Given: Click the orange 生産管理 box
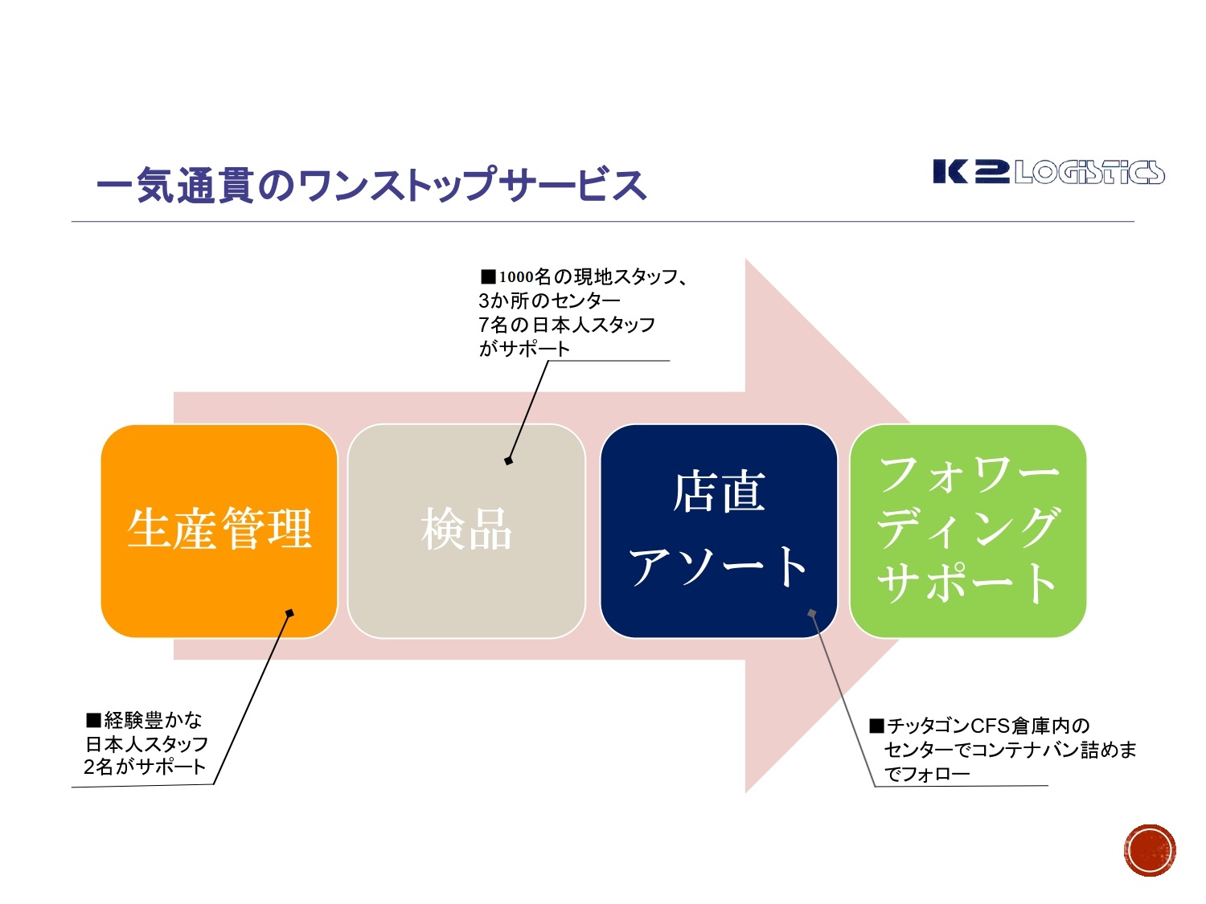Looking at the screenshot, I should point(219,530).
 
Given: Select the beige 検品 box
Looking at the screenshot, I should point(466,530).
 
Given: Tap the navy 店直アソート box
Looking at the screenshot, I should point(719,530).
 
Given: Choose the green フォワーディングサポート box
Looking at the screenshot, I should point(968,530).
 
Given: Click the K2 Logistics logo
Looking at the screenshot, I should point(1048,172).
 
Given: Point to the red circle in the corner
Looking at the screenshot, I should point(1150,850).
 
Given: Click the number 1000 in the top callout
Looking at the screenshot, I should point(516,277).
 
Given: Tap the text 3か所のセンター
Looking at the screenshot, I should point(549,301).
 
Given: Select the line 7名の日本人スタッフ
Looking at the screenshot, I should point(567,325).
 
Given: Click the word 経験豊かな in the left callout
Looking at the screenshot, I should point(153,720).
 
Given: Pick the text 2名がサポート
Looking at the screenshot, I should point(145,767).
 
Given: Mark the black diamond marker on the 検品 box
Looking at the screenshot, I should point(508,460).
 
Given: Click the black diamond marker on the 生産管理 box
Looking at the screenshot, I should point(289,613).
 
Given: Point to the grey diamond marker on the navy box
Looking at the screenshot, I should point(812,613).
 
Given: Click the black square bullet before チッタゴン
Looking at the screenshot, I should point(876,726).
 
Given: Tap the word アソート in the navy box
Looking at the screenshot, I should point(719,567).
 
